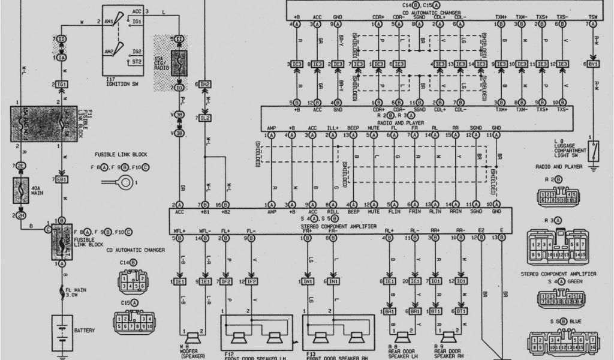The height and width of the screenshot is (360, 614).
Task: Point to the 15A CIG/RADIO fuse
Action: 179,62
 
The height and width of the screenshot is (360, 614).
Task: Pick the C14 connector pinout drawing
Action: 131,279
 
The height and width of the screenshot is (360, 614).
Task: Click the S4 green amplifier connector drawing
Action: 558,298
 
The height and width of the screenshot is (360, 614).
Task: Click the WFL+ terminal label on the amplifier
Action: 179,230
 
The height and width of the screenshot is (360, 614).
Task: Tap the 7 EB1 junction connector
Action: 61,179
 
